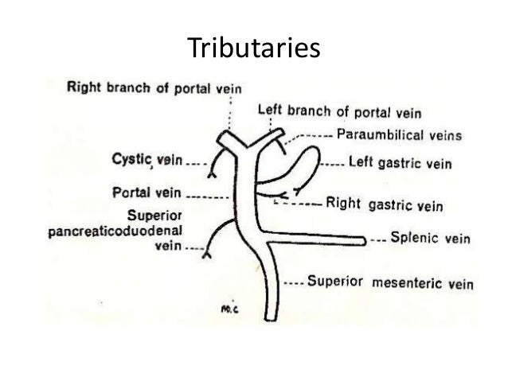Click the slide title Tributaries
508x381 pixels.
coord(254,49)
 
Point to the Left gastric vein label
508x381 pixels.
coord(401,165)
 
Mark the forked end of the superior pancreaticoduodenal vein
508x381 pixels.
coord(205,256)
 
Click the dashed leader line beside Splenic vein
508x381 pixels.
coord(379,239)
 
